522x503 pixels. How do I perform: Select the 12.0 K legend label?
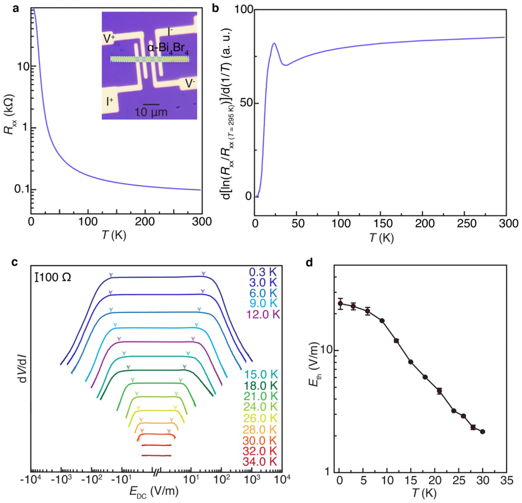pyautogui.click(x=263, y=314)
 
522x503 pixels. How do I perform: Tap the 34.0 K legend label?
pyautogui.click(x=259, y=461)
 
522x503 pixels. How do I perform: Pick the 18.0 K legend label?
pyautogui.click(x=260, y=386)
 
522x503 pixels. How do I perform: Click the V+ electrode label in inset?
pyautogui.click(x=109, y=38)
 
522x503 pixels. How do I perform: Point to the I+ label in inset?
pyautogui.click(x=110, y=101)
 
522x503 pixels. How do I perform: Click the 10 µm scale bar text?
pyautogui.click(x=151, y=112)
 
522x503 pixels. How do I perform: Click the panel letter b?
pyautogui.click(x=215, y=8)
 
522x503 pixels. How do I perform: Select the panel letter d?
pyautogui.click(x=309, y=263)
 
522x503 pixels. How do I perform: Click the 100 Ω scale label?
pyautogui.click(x=53, y=277)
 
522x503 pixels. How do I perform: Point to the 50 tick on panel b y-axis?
pyautogui.click(x=245, y=103)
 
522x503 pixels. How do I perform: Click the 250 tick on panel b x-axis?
pyautogui.click(x=467, y=224)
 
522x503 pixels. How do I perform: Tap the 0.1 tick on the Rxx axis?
pyautogui.click(x=21, y=189)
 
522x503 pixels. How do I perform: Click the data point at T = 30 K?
pyautogui.click(x=483, y=432)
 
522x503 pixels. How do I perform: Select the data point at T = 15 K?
pyautogui.click(x=411, y=362)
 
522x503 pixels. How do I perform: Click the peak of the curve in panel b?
pyautogui.click(x=274, y=43)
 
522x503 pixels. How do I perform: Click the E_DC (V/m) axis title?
pyautogui.click(x=154, y=491)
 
